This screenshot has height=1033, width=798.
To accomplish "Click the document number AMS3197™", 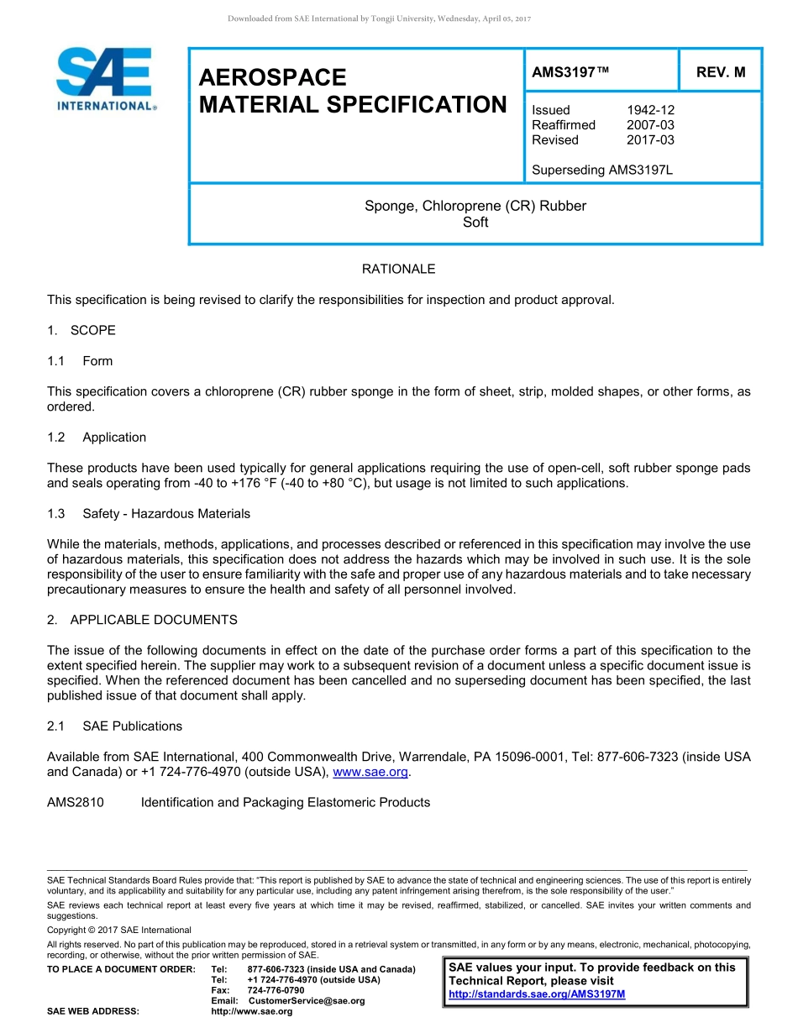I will (x=570, y=72).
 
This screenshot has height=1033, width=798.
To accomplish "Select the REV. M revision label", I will (x=721, y=72).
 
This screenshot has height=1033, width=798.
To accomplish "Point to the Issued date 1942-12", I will (x=650, y=110).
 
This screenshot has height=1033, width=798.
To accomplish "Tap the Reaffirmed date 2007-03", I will (x=650, y=125).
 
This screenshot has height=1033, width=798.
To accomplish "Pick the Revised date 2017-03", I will (x=650, y=140).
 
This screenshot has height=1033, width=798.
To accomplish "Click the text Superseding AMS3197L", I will (x=602, y=170).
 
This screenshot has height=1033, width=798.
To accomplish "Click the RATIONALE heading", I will (x=398, y=270).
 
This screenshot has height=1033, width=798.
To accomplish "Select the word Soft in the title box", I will (x=475, y=223).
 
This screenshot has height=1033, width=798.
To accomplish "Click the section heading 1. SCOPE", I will (x=81, y=330).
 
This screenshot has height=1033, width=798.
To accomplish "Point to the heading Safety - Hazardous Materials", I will (x=165, y=514).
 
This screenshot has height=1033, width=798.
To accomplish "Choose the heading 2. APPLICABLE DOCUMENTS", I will (x=142, y=620).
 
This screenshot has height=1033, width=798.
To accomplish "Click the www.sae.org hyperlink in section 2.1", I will (x=370, y=773).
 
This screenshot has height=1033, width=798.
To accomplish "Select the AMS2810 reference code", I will (x=76, y=803).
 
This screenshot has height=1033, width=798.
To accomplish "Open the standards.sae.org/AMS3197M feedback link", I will (x=538, y=994).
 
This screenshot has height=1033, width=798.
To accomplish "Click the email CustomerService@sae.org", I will (x=307, y=1001).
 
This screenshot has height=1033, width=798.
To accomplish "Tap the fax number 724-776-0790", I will (x=276, y=990).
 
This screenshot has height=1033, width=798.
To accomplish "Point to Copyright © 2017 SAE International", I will (x=119, y=930).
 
